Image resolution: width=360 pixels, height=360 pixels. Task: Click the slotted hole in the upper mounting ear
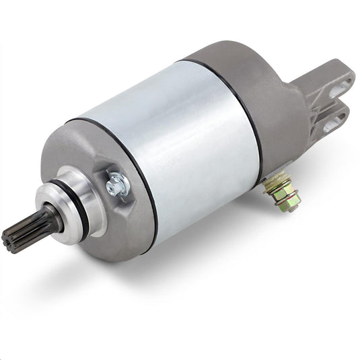tap(337, 89)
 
